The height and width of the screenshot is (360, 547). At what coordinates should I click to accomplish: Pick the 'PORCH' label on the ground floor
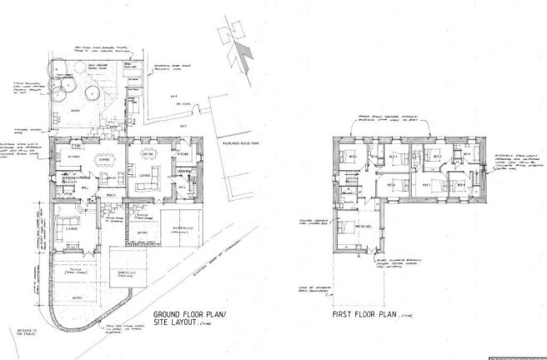(110, 197)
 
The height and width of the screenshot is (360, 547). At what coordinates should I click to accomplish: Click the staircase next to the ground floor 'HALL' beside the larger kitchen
(67, 180)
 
